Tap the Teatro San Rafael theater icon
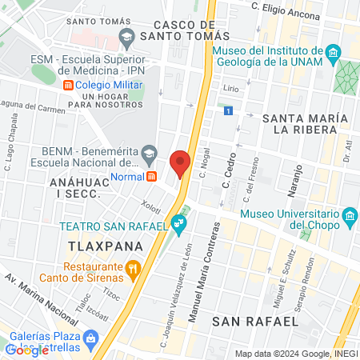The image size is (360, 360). click(180, 227)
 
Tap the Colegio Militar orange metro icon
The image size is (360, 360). click(69, 85)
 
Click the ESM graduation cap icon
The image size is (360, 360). click(126, 37)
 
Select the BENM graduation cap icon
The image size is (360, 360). click(149, 153)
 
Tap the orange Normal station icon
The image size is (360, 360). click(150, 176)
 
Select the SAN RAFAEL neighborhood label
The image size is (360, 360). click(255, 320)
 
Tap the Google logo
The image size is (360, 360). click(27, 350)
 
